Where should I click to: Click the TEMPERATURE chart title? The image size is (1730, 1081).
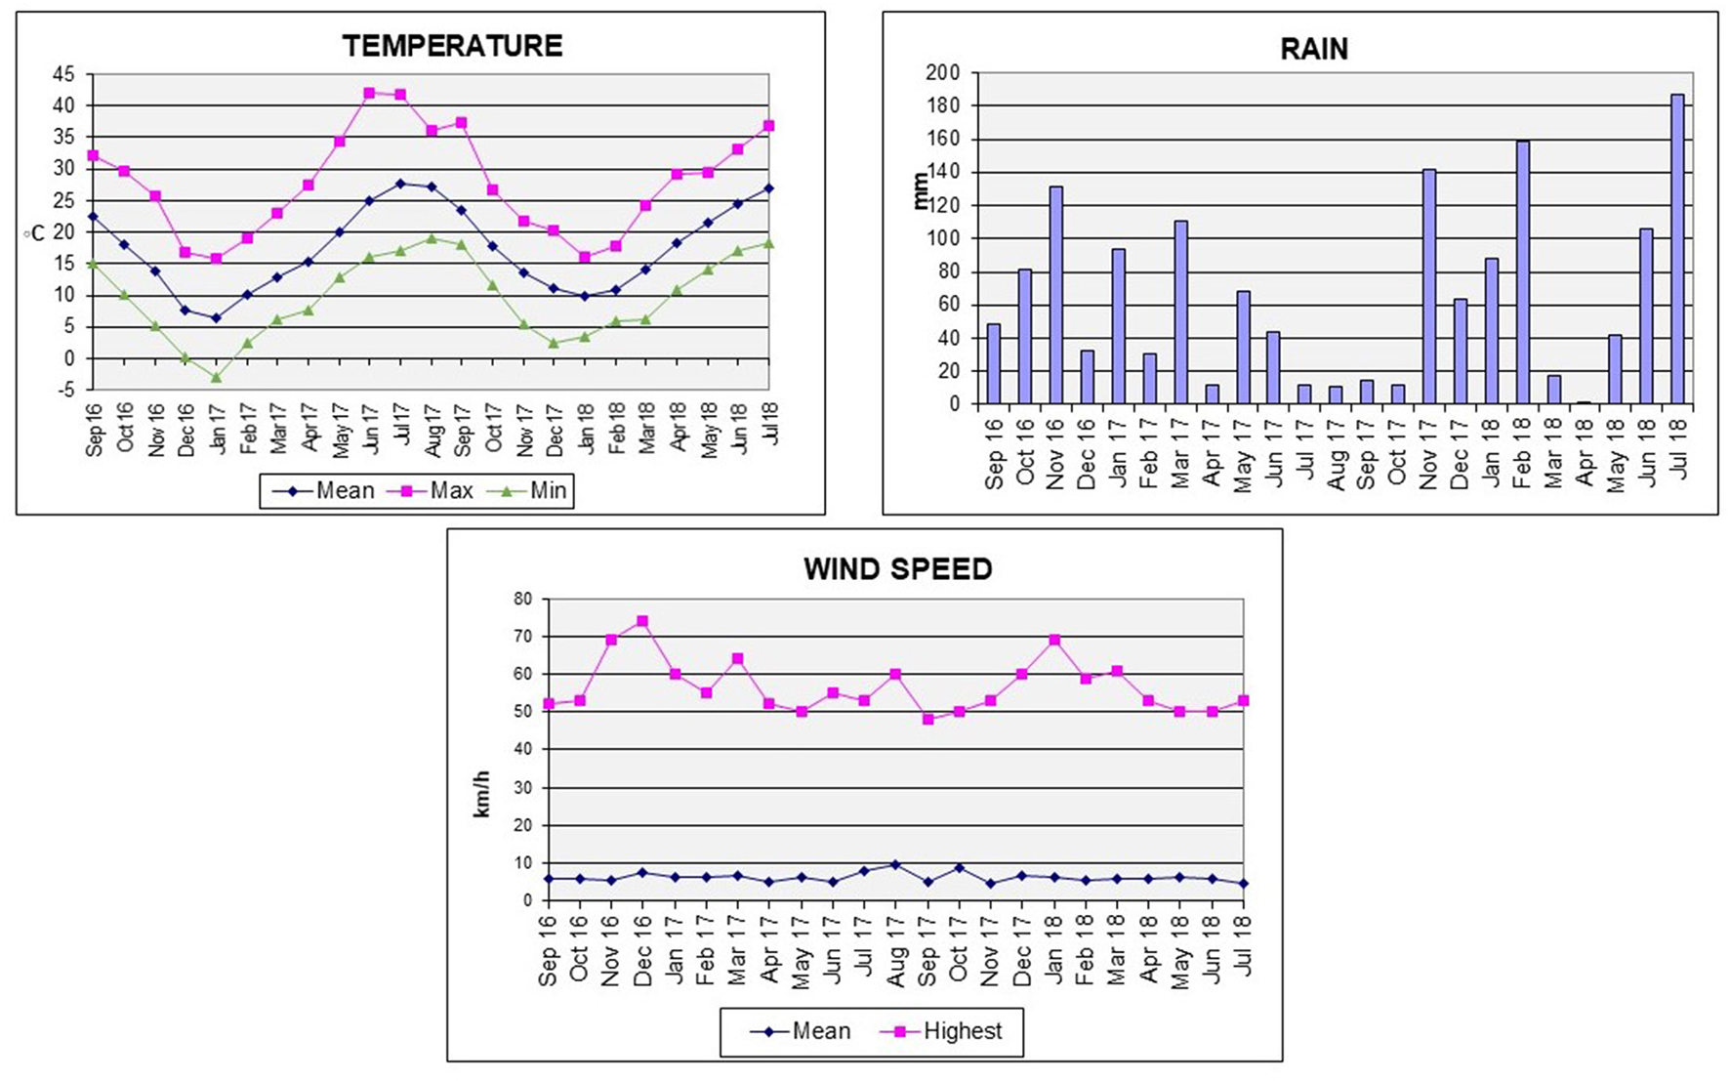tap(452, 46)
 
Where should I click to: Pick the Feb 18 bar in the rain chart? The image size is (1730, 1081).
tap(1522, 272)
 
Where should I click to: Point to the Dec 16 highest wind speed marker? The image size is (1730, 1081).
tap(642, 621)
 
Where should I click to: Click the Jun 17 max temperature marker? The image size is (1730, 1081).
tap(369, 93)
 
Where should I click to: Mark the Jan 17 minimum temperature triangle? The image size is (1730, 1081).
tap(217, 377)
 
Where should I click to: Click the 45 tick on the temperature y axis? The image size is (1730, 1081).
tap(63, 74)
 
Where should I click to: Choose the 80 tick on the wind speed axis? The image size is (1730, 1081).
tap(523, 599)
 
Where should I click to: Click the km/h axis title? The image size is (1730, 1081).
tap(482, 793)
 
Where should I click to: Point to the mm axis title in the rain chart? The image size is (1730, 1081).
tap(920, 190)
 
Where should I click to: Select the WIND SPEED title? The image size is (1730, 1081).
tap(897, 569)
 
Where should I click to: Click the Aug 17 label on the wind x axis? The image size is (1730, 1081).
tap(895, 951)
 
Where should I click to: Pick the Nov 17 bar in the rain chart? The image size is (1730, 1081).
tap(1428, 287)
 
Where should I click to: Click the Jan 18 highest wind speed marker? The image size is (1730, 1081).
tap(1054, 640)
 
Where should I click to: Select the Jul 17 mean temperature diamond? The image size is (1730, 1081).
tap(400, 184)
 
